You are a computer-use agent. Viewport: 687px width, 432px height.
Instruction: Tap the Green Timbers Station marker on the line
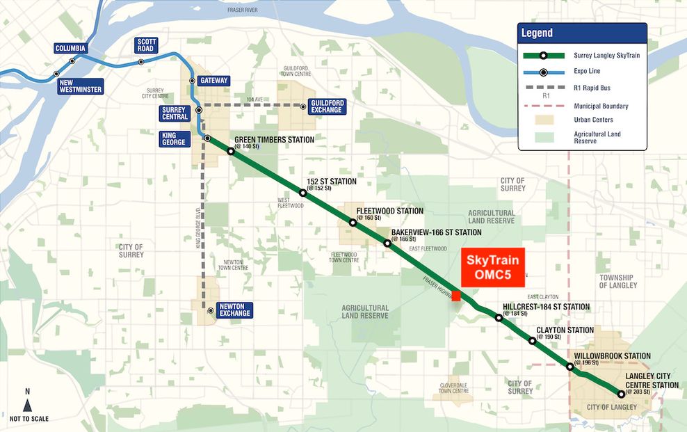(x=231, y=151)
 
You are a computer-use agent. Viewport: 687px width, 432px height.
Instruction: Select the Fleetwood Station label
(x=389, y=211)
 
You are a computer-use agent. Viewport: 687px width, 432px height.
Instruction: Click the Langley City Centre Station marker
(x=621, y=394)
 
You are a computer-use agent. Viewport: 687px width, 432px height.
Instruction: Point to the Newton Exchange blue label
(x=234, y=310)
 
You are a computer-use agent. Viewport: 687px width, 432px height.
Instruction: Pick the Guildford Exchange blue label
(x=326, y=106)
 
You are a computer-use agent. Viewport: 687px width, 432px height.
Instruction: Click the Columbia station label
(x=71, y=48)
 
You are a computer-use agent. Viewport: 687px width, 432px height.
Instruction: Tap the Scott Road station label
(x=147, y=45)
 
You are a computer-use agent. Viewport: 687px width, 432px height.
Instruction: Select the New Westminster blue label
(x=80, y=86)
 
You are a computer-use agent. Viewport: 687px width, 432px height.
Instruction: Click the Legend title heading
(x=537, y=33)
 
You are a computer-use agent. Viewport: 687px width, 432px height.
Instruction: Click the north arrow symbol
(x=27, y=405)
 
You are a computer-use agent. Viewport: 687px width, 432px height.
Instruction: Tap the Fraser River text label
(x=242, y=10)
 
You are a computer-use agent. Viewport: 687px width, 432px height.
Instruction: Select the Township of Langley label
(x=617, y=281)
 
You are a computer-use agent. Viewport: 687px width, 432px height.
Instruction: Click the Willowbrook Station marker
(x=570, y=367)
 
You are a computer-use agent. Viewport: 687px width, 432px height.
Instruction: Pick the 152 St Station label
(x=332, y=182)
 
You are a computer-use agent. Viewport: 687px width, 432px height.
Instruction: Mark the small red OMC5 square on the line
(x=456, y=295)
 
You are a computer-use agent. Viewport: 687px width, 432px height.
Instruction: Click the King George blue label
(x=174, y=138)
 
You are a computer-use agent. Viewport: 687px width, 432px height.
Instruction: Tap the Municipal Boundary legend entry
(x=601, y=106)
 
